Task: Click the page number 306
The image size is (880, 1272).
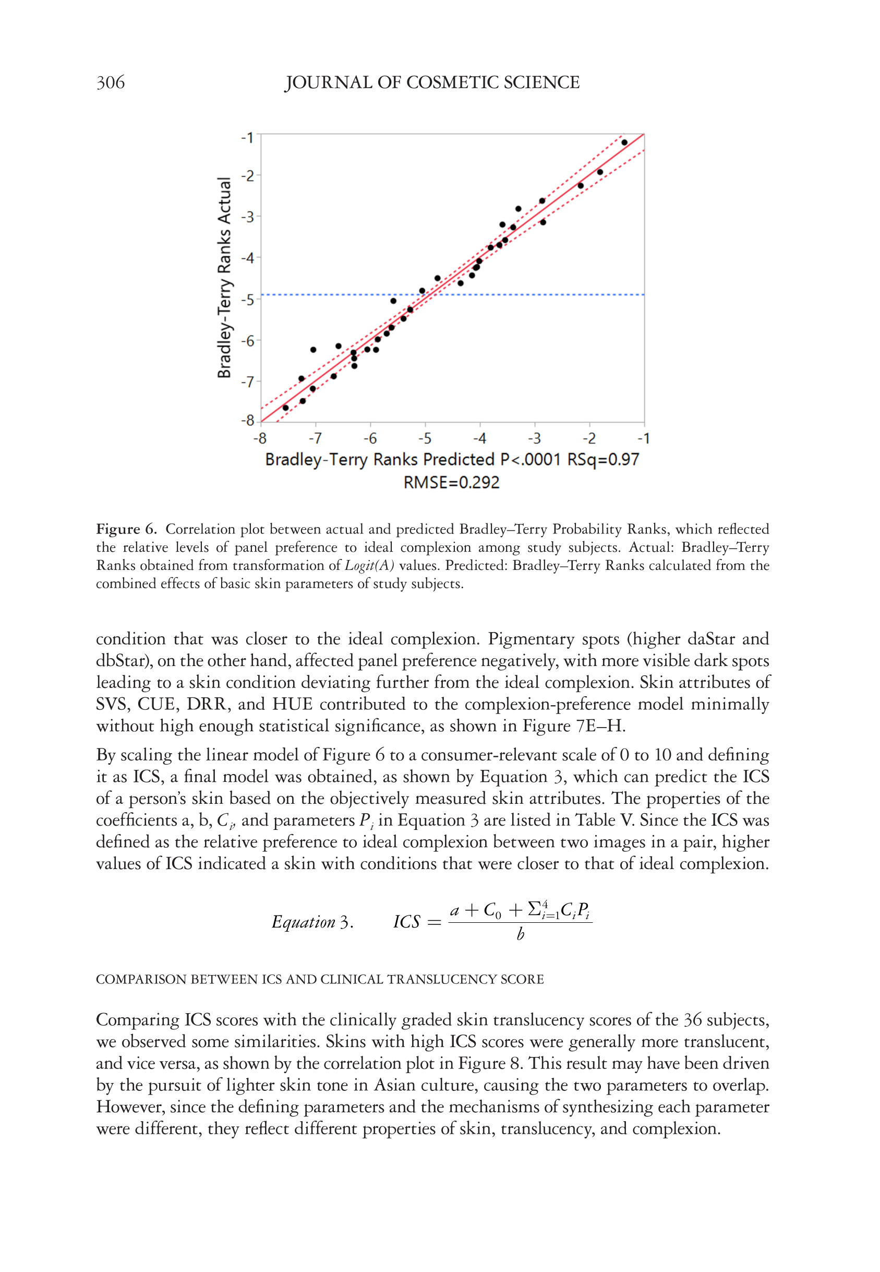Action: coord(110,83)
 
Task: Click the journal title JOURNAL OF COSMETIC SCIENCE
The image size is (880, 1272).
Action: coord(432,83)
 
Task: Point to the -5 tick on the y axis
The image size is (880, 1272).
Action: coord(248,300)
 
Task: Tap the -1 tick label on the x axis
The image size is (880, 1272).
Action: coord(644,438)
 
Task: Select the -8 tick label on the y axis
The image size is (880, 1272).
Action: coord(248,420)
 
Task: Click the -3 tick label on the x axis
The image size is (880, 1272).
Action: coord(534,438)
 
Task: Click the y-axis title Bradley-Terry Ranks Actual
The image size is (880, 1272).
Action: coord(224,278)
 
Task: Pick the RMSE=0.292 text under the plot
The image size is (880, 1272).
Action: coord(451,483)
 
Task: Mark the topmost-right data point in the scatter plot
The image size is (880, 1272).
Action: coord(624,142)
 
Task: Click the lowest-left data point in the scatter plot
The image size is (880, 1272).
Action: coord(285,408)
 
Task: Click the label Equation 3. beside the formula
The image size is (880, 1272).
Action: coord(312,922)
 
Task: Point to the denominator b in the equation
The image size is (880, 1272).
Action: coord(520,934)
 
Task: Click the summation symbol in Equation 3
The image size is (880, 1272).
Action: coord(534,909)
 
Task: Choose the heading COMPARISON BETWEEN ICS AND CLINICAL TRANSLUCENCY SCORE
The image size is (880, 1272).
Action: coord(320,980)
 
